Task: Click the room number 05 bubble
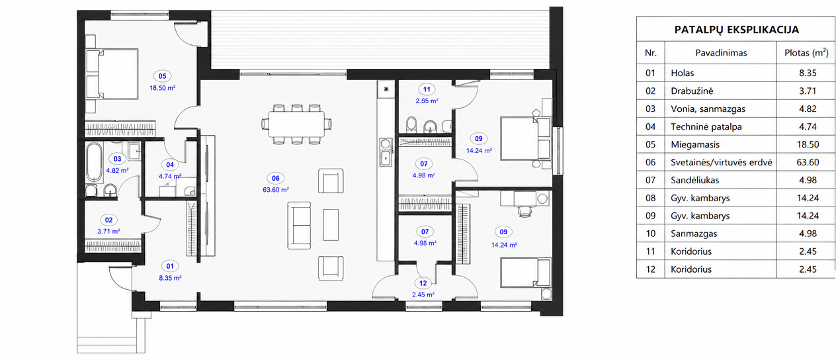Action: click(162, 76)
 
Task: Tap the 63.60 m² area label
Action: click(276, 190)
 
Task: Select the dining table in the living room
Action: click(297, 124)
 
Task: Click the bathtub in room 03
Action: click(94, 162)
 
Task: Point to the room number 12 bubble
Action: click(423, 283)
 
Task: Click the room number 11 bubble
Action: click(427, 89)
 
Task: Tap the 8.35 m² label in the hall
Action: click(170, 278)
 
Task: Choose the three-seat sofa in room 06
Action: click(299, 226)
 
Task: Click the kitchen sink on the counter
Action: click(386, 152)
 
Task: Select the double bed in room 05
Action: click(112, 74)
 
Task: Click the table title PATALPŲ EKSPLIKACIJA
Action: click(736, 30)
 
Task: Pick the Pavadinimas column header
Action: click(721, 53)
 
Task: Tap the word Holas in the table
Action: click(683, 73)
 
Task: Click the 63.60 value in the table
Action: click(808, 162)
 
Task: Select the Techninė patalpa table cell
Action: click(706, 126)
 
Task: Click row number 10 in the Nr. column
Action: click(651, 234)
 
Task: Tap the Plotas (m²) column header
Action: click(806, 53)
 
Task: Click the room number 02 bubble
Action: click(108, 220)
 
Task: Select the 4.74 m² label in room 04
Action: click(170, 176)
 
